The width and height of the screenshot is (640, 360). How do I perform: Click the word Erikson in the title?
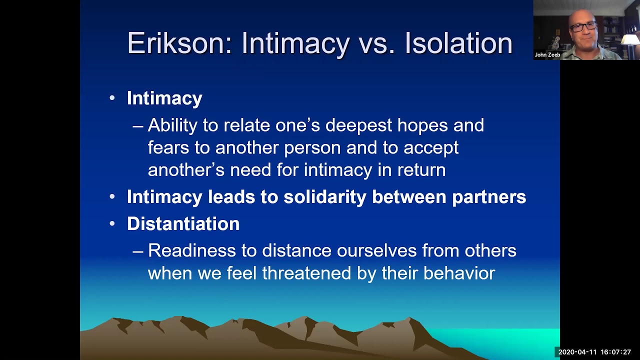tap(179, 43)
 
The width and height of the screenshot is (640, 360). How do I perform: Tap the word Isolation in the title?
tap(458, 43)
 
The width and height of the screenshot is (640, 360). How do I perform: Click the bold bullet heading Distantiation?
tap(183, 223)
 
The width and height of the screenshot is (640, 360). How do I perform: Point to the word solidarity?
tap(325, 196)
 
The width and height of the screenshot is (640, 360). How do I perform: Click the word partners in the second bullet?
tap(488, 196)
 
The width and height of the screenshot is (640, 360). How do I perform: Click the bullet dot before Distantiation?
tap(112, 224)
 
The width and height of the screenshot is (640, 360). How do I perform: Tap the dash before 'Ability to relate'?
tap(137, 126)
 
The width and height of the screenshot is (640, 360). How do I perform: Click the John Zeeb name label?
tap(547, 55)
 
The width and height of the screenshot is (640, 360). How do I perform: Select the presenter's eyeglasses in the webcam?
tap(583, 26)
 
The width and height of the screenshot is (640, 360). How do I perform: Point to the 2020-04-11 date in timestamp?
tap(577, 352)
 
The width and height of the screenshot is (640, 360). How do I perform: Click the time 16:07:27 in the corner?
tap(615, 352)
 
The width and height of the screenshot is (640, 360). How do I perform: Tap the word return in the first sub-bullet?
tap(421, 170)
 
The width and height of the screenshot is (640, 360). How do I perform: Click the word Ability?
tap(172, 125)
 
